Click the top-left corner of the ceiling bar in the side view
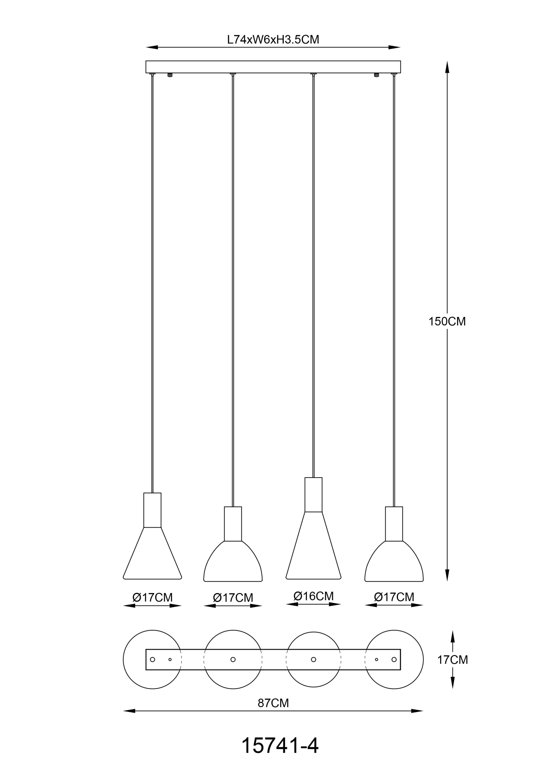click(146, 61)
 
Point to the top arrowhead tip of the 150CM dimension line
click(447, 61)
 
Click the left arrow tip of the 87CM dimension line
click(123, 711)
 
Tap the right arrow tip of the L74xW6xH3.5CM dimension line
click(401, 47)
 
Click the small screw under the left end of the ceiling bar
click(170, 75)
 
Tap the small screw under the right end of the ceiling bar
click(376, 75)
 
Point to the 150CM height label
click(447, 322)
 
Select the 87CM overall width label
click(273, 703)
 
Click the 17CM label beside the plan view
click(452, 660)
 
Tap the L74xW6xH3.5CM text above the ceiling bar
click(273, 39)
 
